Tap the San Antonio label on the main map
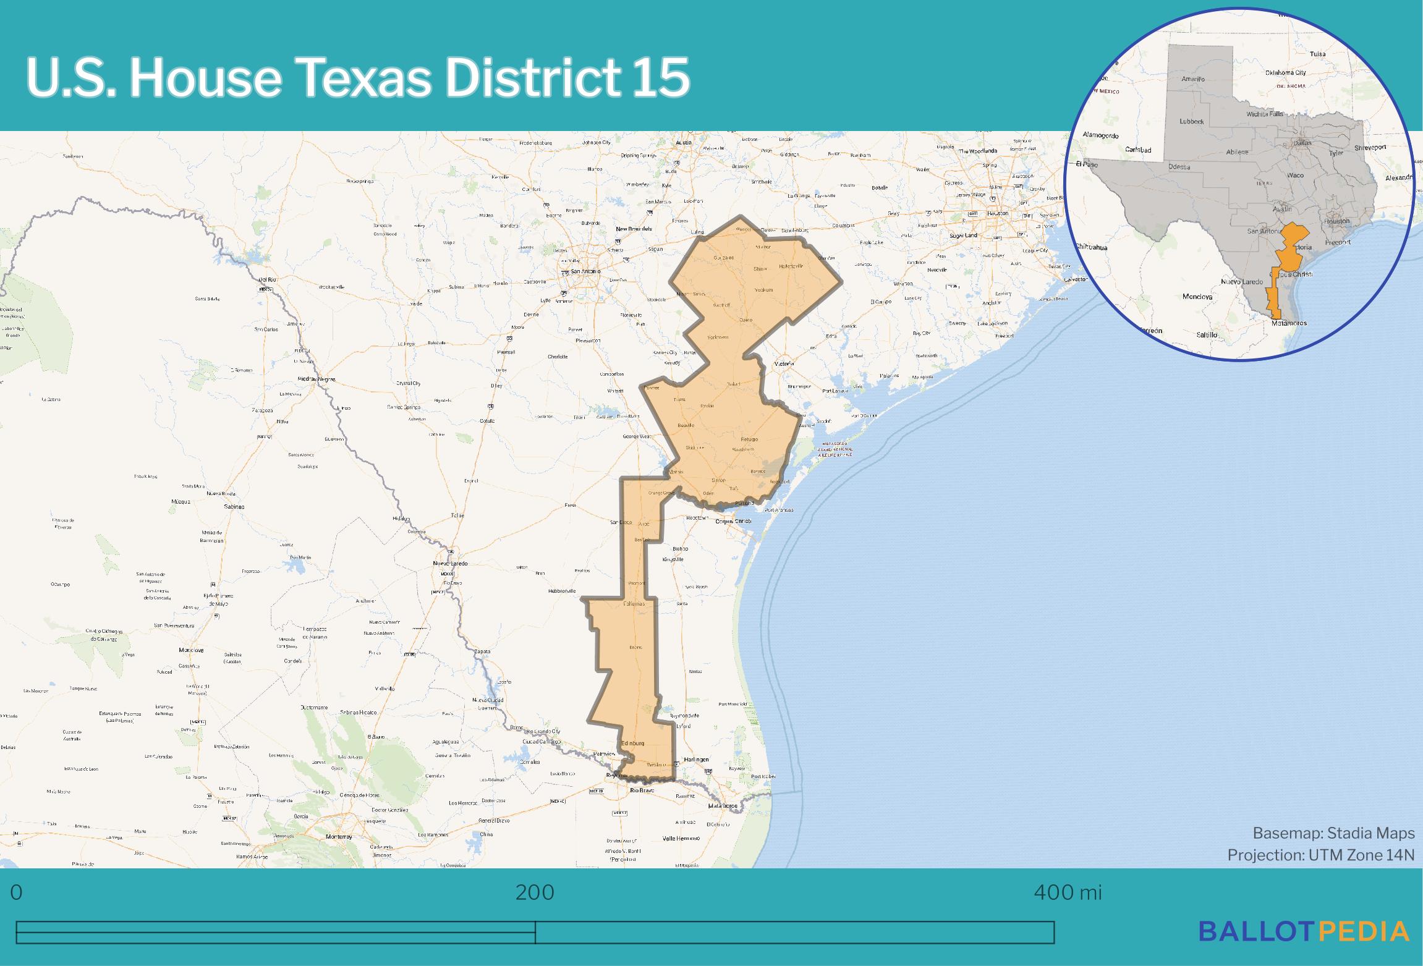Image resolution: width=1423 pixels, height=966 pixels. [584, 271]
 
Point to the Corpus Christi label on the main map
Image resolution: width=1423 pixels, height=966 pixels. [733, 521]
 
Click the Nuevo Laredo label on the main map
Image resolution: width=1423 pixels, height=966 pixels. [450, 563]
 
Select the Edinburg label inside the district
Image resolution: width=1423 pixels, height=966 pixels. [633, 743]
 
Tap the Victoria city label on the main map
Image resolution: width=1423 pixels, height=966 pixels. [783, 364]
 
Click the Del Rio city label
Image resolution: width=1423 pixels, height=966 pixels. [268, 281]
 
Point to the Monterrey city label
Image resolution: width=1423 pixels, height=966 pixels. [339, 836]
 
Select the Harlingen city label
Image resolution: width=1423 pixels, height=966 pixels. [697, 759]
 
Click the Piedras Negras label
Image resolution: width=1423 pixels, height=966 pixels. [316, 378]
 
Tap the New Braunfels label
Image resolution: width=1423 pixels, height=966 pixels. [634, 229]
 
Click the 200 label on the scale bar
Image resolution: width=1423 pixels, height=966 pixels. [535, 892]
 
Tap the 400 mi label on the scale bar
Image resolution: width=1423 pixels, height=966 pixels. [1068, 892]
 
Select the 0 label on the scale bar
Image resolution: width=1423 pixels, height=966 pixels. [17, 892]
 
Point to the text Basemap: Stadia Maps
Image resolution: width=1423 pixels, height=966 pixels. [1333, 833]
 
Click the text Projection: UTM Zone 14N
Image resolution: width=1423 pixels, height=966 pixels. [1320, 855]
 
